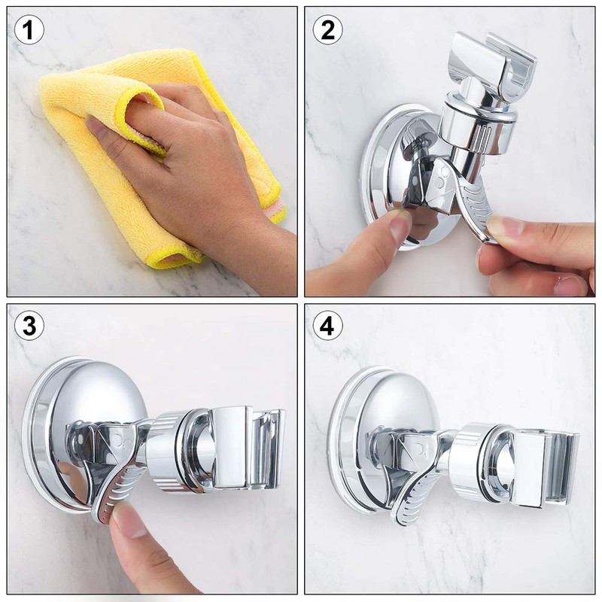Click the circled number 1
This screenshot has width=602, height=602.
29,31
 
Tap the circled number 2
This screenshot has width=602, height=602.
327,31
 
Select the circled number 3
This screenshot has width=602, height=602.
29,327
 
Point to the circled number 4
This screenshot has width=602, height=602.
327,327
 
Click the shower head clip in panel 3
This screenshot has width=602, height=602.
248,448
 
